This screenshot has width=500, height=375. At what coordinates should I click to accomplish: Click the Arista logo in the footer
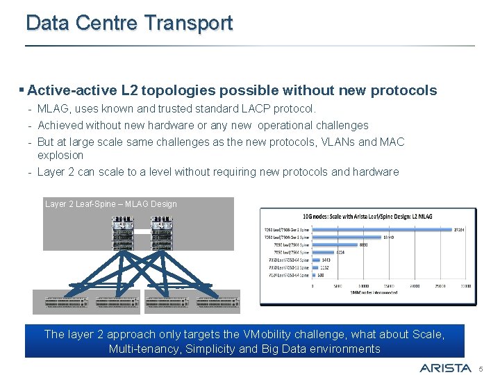click(x=445, y=367)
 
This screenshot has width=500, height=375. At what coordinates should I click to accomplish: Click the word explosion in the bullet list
click(x=60, y=155)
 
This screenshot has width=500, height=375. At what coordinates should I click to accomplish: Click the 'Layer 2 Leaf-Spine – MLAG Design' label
click(x=111, y=204)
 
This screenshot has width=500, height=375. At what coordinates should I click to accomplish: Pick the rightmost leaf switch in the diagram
click(x=218, y=302)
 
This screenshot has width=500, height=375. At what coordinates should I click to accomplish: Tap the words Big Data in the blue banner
click(x=285, y=349)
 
